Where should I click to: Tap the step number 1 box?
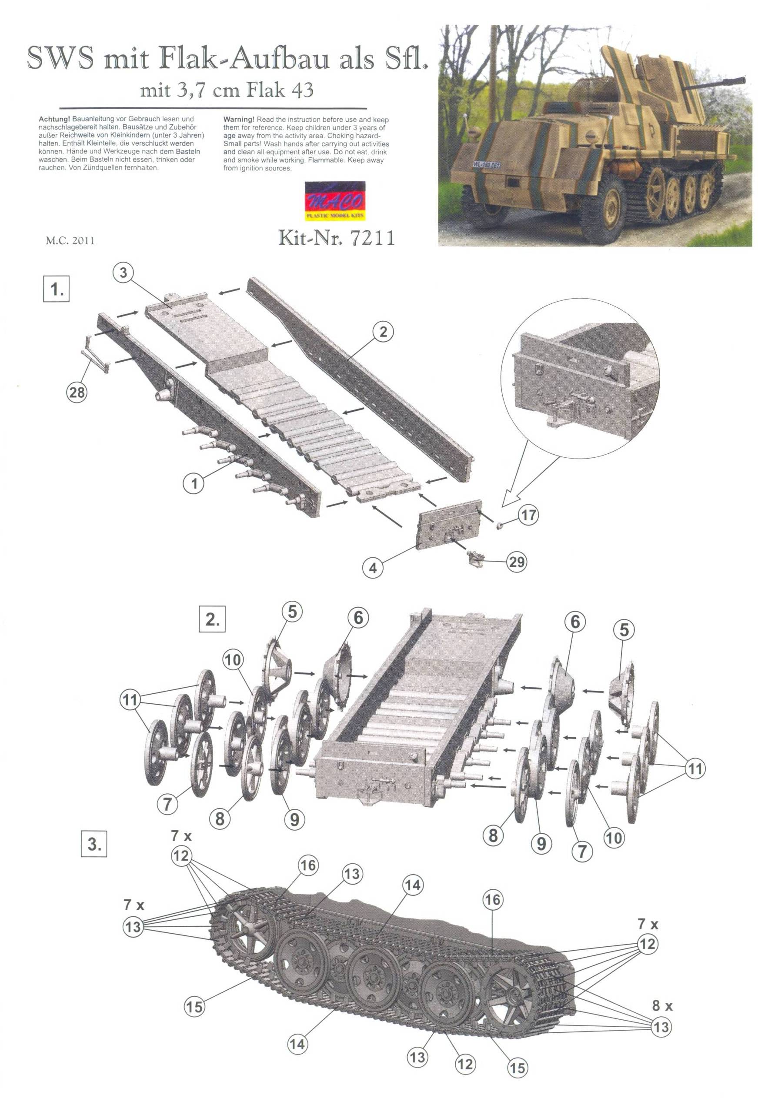(x=57, y=289)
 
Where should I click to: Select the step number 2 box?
(x=212, y=620)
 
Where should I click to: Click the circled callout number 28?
(x=77, y=392)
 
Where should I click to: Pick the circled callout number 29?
(x=517, y=561)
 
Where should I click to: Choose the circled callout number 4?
(x=373, y=568)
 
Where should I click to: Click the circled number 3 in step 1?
(x=124, y=274)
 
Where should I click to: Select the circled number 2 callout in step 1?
(x=383, y=332)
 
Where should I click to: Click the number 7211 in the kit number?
(x=372, y=238)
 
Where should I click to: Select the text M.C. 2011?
(x=70, y=240)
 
